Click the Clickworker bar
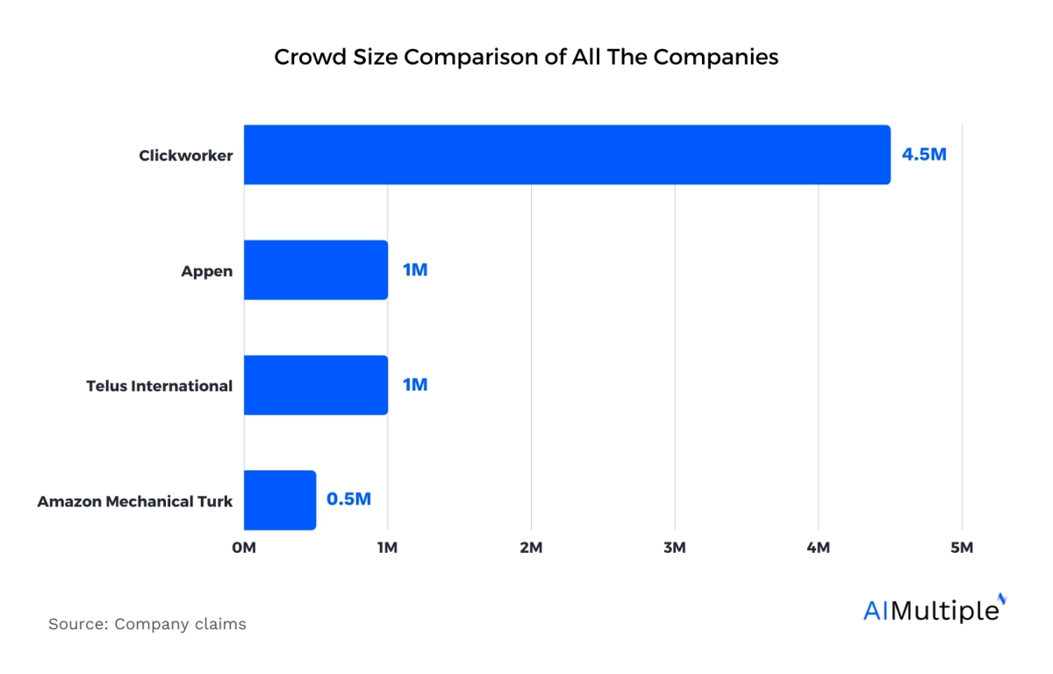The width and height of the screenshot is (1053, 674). pos(567,154)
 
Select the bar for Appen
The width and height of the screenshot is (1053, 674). pos(316,270)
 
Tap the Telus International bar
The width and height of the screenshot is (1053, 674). pos(316,385)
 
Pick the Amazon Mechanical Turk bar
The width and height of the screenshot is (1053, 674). pos(280,500)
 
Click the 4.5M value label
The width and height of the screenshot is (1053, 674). pos(924,155)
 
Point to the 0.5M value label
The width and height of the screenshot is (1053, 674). pos(348,499)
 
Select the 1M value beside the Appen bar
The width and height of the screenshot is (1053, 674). pos(414,270)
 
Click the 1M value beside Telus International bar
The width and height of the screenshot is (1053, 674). pos(414,385)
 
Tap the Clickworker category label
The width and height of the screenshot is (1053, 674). pos(186,156)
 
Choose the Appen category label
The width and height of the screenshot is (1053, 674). pos(207,271)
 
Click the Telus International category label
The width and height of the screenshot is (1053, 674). pos(160,386)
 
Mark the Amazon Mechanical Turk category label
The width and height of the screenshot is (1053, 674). pos(135,502)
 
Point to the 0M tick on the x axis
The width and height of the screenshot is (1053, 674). pos(244,549)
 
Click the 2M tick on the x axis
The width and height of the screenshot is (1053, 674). pos(531,549)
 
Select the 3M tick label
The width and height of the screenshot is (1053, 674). pos(675,549)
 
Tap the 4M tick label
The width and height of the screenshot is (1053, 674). pos(819,549)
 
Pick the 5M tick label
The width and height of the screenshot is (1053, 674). pos(962,549)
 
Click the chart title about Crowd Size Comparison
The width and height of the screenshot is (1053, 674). pos(526,57)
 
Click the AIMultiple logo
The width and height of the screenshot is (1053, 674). pos(934,609)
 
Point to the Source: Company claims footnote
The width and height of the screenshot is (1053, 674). pos(147,625)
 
